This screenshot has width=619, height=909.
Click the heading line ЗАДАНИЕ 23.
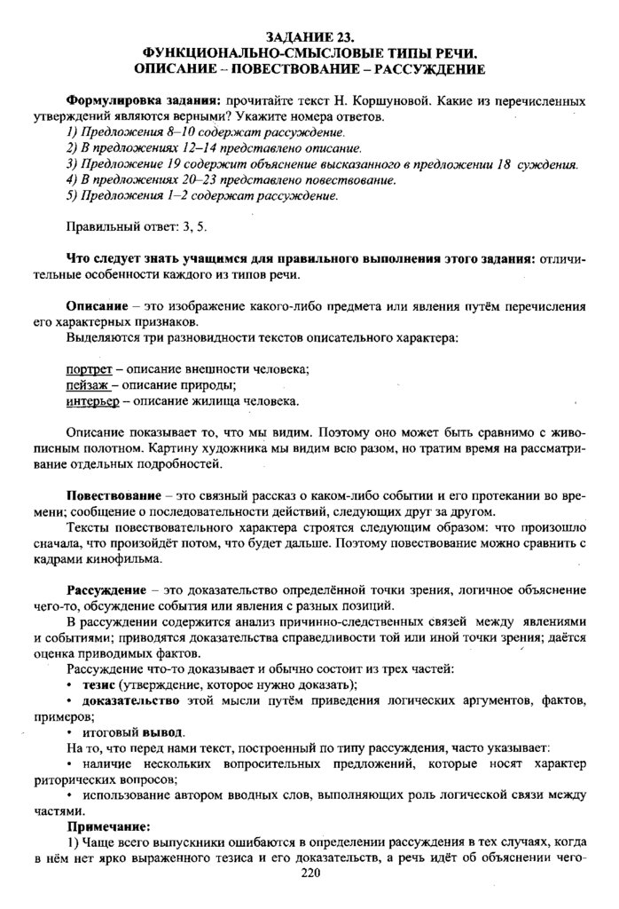point(309,38)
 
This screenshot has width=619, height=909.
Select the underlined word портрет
point(89,369)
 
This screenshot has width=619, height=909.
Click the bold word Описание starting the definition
point(100,304)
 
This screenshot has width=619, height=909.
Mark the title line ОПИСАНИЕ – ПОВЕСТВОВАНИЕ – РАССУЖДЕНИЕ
point(309,68)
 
